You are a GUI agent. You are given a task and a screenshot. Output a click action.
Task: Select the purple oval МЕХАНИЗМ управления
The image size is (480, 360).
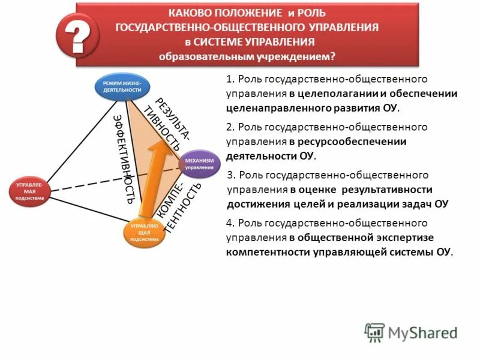(199, 164)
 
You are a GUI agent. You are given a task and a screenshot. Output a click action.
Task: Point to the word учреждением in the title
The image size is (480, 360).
(296, 57)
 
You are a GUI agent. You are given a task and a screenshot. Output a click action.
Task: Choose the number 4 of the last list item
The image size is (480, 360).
(229, 224)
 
